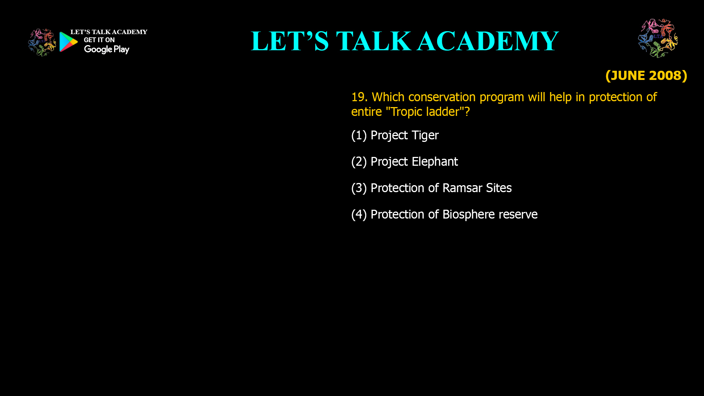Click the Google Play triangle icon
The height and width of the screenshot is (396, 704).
(68, 42)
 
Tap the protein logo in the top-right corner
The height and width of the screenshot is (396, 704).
(658, 38)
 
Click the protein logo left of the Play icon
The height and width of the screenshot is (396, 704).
(42, 43)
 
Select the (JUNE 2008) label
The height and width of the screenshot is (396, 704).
(646, 76)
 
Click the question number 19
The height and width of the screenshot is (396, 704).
(358, 97)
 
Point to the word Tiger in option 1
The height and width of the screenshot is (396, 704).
(425, 135)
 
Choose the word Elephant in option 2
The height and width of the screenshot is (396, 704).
(435, 162)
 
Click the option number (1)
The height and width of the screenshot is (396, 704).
(359, 135)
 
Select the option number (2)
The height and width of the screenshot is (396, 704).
(359, 162)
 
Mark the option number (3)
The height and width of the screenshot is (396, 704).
(359, 188)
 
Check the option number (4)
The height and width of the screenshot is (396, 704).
(359, 214)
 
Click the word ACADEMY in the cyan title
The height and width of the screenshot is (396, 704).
(488, 41)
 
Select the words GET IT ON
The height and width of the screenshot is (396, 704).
(99, 40)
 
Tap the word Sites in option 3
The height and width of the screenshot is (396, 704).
(499, 188)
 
